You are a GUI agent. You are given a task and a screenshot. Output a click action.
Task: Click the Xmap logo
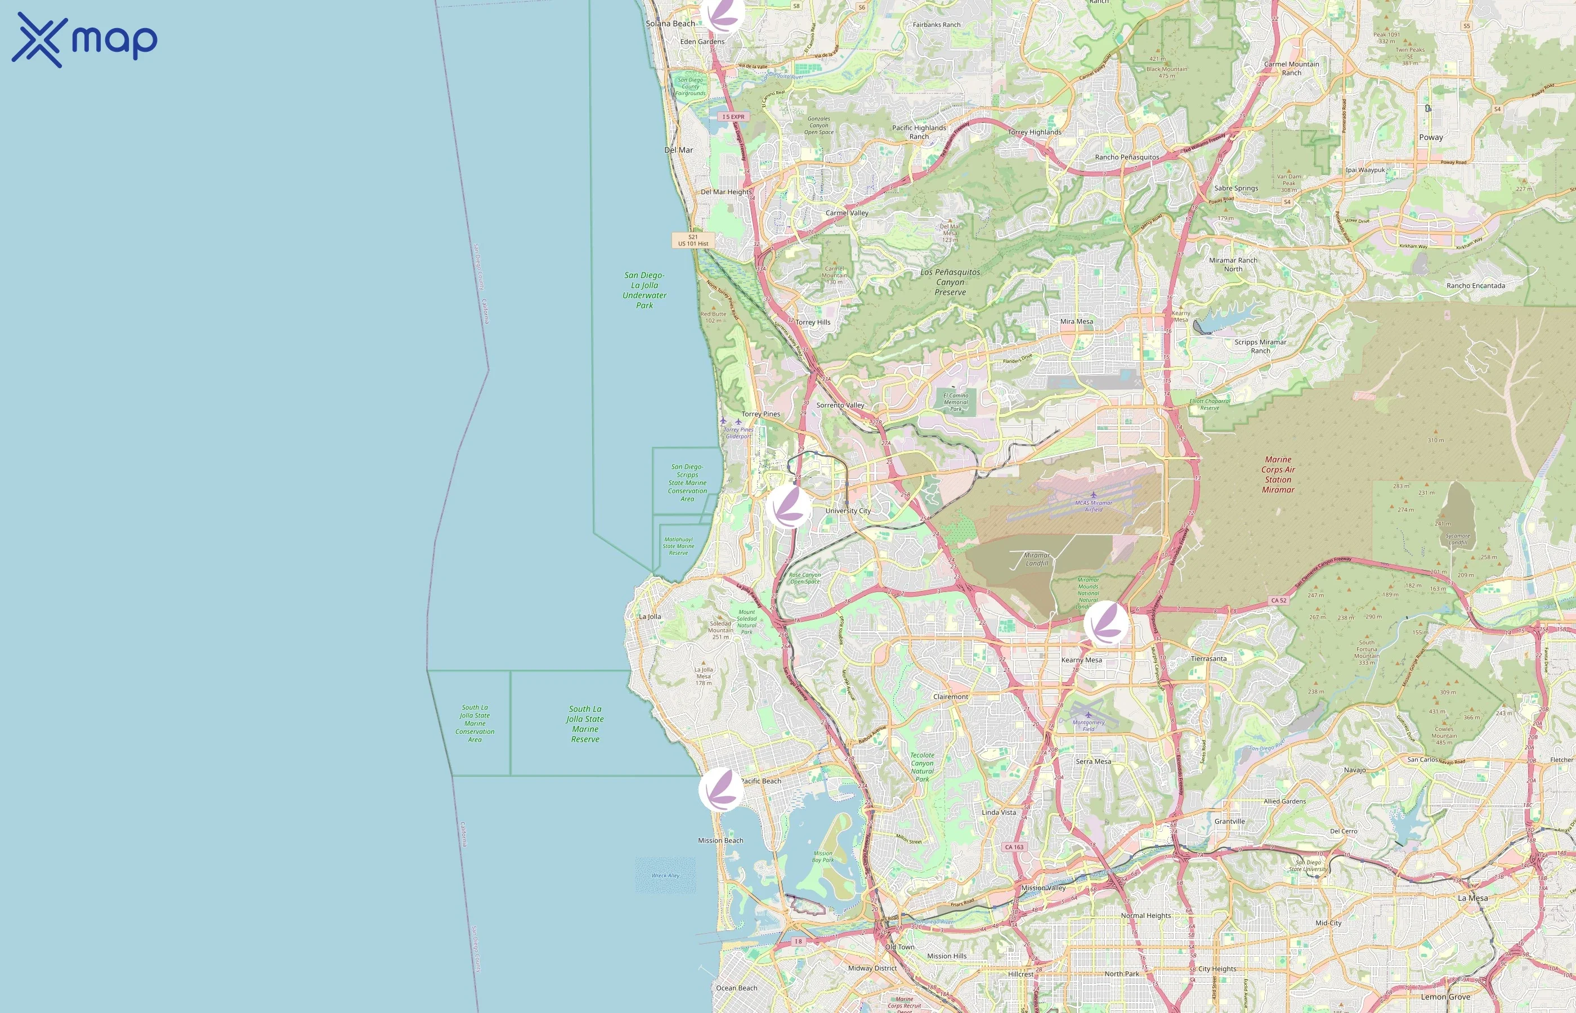pyautogui.click(x=84, y=40)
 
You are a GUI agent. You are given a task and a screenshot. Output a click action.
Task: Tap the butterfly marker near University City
pyautogui.click(x=788, y=507)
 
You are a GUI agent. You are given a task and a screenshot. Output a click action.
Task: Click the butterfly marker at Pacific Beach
pyautogui.click(x=721, y=788)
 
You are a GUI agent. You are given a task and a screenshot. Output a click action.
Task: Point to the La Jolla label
pyautogui.click(x=650, y=616)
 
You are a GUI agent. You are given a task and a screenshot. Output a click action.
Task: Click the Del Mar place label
pyautogui.click(x=678, y=150)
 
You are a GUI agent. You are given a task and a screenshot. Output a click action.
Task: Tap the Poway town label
pyautogui.click(x=1431, y=137)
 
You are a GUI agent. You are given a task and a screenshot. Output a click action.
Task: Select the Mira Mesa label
pyautogui.click(x=1076, y=322)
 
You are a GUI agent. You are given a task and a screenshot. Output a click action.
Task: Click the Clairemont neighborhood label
pyautogui.click(x=951, y=697)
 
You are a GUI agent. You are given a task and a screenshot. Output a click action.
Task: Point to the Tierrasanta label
pyautogui.click(x=1208, y=658)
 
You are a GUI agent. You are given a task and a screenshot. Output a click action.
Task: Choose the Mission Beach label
pyautogui.click(x=720, y=841)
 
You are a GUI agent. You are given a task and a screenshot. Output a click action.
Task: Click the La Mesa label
pyautogui.click(x=1472, y=898)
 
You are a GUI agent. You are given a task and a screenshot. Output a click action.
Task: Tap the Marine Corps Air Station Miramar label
pyautogui.click(x=1278, y=474)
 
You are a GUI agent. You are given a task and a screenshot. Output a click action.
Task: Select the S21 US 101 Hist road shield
pyautogui.click(x=693, y=240)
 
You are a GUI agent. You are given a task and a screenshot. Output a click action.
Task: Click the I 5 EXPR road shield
pyautogui.click(x=733, y=117)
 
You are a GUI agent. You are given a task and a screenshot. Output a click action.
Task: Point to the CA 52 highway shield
pyautogui.click(x=1279, y=600)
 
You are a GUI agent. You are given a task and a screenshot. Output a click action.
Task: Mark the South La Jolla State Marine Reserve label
pyautogui.click(x=585, y=724)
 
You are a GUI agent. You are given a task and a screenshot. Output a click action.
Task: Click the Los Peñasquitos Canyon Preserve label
pyautogui.click(x=950, y=282)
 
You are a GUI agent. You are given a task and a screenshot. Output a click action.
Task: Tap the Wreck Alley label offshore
pyautogui.click(x=665, y=876)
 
